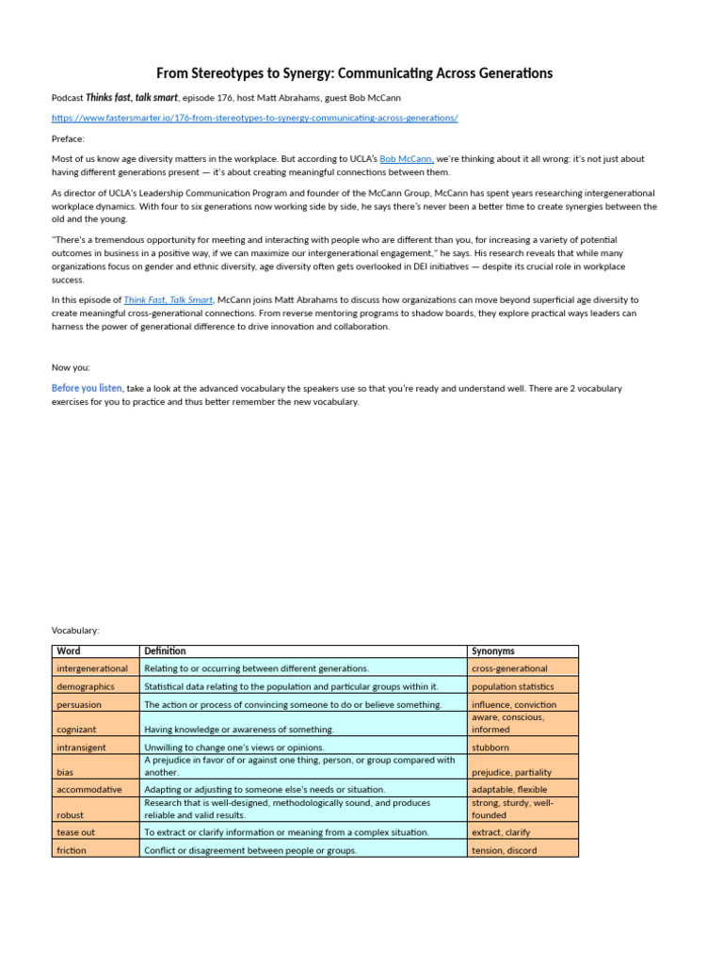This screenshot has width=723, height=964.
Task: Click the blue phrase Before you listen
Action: tap(87, 388)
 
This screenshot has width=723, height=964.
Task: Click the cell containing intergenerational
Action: tap(94, 668)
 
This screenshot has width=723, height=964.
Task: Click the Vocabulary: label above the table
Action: tap(75, 630)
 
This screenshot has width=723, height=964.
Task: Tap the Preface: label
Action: tap(68, 138)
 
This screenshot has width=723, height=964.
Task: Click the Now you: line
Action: tap(71, 367)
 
